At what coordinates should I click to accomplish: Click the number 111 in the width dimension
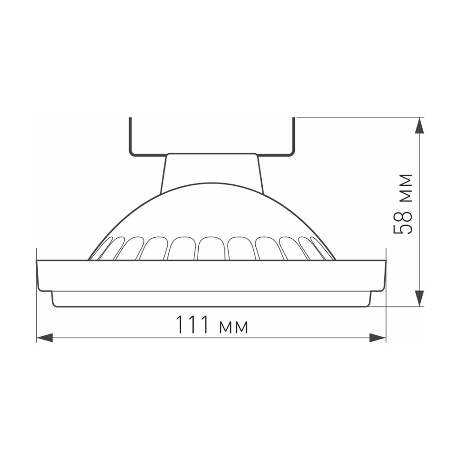pyautogui.click(x=192, y=325)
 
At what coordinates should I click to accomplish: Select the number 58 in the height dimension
pyautogui.click(x=403, y=224)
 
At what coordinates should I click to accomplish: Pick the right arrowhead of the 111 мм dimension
pyautogui.click(x=378, y=338)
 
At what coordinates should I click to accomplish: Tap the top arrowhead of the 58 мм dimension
pyautogui.click(x=420, y=126)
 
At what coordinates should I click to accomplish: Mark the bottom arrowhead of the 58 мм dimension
pyautogui.click(x=420, y=298)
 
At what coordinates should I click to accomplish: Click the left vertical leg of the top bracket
pyautogui.click(x=130, y=136)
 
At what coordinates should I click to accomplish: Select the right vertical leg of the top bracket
pyautogui.click(x=293, y=136)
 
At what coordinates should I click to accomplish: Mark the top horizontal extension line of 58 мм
pyautogui.click(x=359, y=117)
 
